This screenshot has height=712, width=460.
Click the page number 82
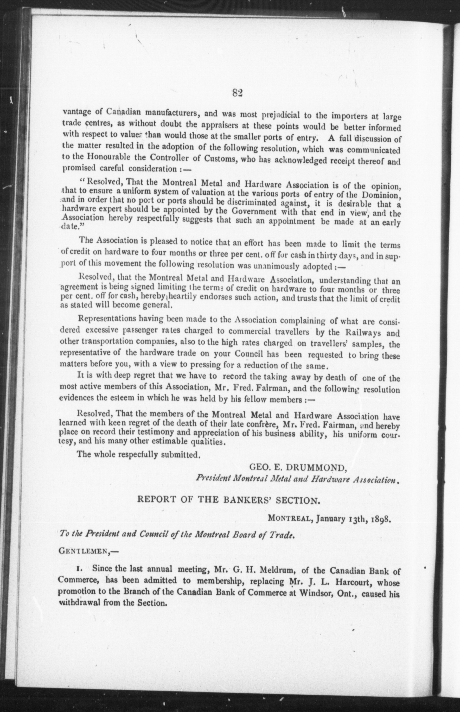click(x=237, y=93)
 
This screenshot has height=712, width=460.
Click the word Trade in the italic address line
click(x=283, y=535)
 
